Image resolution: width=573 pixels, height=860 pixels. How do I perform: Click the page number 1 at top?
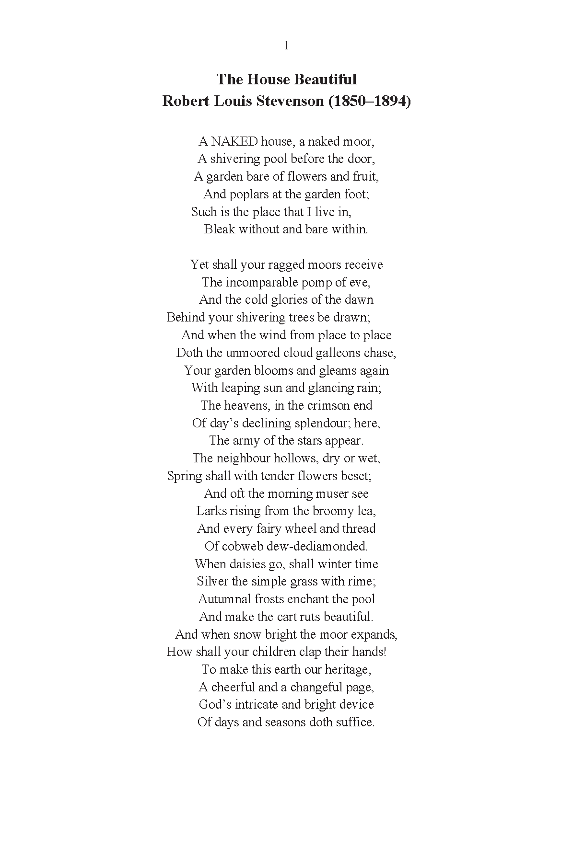[286, 46]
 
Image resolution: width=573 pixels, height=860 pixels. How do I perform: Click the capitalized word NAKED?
[234, 141]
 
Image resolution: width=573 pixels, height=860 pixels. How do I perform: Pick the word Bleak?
[219, 229]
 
